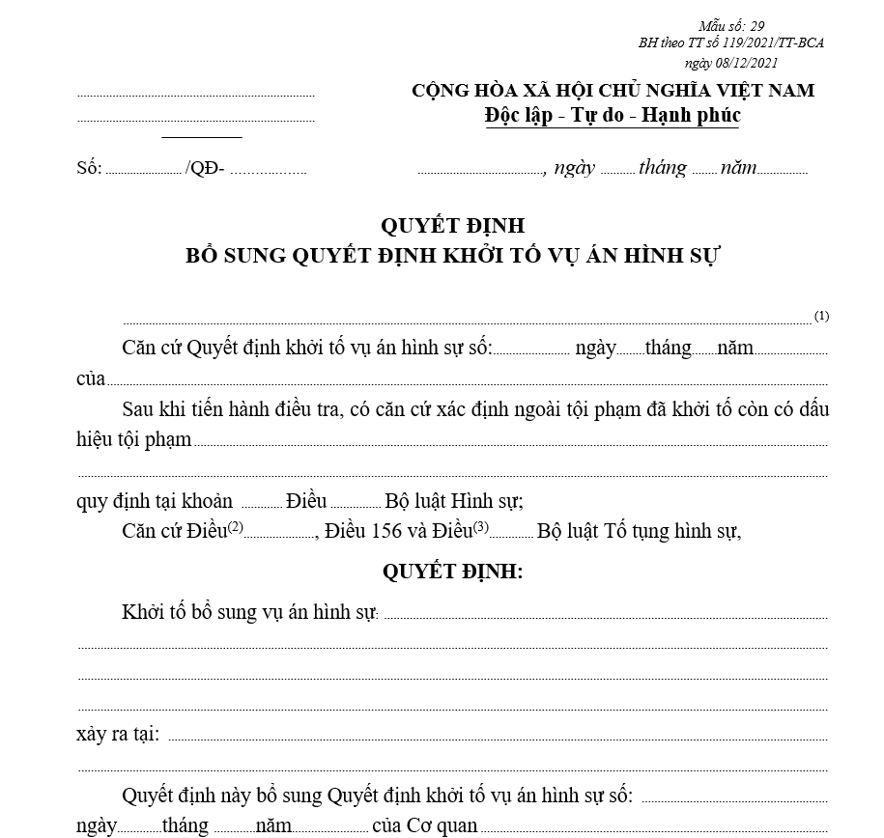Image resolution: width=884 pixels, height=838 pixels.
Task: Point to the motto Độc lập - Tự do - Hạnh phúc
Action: pos(613,116)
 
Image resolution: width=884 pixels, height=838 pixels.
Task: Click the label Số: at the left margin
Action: pos(89,168)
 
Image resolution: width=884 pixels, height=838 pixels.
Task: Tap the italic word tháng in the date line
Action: pos(662,167)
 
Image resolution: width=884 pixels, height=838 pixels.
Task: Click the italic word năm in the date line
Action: pos(738,167)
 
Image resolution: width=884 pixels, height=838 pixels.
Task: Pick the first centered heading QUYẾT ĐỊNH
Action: pos(452,226)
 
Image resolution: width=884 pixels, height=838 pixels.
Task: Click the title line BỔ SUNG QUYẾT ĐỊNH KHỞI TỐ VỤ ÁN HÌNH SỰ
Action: pos(453,256)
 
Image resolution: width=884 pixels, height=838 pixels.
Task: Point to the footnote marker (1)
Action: pos(821,316)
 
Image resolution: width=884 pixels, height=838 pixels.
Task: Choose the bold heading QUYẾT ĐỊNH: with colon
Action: pos(452,572)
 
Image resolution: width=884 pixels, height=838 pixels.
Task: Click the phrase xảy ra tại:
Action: pos(117,734)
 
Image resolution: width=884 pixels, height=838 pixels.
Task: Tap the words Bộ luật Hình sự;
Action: pos(454,501)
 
